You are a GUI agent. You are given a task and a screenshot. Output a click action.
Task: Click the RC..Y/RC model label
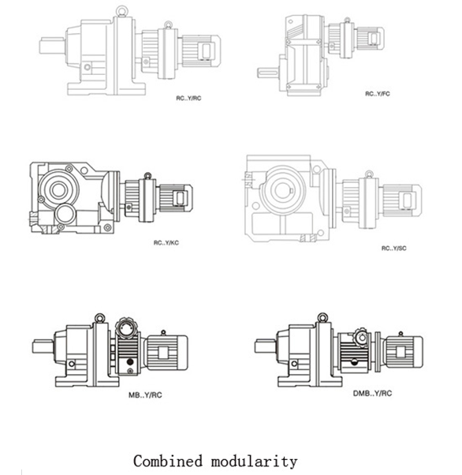tap(188, 98)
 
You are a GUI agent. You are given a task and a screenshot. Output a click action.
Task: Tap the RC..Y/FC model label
tap(378, 94)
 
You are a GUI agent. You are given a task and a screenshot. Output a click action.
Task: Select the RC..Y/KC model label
tap(166, 243)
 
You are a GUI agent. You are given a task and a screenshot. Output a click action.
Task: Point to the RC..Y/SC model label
tap(394, 248)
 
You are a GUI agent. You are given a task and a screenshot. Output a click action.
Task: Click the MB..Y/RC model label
tap(145, 395)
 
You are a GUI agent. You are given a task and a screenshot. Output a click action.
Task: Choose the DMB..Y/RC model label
tap(372, 393)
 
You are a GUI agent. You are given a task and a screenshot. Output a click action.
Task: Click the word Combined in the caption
tap(168, 461)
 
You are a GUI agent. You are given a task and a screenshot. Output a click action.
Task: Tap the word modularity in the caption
tap(254, 462)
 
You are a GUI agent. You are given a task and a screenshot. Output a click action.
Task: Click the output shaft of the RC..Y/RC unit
tap(52, 46)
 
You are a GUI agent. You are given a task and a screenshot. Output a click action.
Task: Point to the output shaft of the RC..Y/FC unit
tap(268, 73)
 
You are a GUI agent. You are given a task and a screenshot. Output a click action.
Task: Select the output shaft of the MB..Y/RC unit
tap(43, 346)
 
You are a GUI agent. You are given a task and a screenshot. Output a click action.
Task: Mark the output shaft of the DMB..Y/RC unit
tap(266, 346)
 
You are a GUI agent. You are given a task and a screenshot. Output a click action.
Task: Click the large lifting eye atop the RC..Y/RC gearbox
tap(121, 12)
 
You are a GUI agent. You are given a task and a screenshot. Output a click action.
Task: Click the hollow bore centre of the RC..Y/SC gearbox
tap(283, 190)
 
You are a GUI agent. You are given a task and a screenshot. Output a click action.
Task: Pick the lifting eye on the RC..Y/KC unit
tap(147, 176)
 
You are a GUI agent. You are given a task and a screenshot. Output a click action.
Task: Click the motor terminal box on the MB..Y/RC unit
tap(163, 352)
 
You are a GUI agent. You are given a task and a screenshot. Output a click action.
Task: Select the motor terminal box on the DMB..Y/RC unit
tap(401, 352)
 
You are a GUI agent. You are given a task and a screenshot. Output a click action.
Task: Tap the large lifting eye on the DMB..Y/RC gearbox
tap(322, 317)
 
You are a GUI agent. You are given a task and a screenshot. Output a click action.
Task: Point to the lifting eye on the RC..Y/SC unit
tap(368, 174)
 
